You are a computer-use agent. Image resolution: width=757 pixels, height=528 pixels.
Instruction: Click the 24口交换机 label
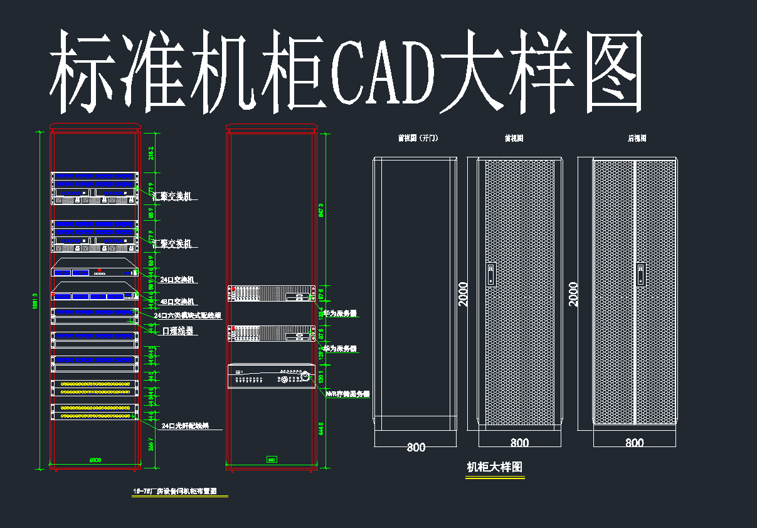point(179,280)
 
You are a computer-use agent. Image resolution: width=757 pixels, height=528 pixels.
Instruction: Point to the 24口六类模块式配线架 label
point(188,315)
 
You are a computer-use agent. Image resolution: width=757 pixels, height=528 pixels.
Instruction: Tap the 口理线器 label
point(177,330)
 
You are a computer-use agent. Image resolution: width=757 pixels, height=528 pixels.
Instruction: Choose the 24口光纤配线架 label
point(184,426)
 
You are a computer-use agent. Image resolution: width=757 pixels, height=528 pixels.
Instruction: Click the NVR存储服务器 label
point(347,394)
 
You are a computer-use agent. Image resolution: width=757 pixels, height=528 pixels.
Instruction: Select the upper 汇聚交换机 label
point(172,197)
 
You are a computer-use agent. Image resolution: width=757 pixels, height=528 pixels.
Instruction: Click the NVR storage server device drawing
point(271,376)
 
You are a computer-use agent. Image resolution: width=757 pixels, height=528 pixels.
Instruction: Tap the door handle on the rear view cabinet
point(641,274)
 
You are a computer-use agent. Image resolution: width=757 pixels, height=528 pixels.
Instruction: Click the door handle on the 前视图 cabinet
point(490,274)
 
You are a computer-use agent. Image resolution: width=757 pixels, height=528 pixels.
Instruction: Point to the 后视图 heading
point(637,138)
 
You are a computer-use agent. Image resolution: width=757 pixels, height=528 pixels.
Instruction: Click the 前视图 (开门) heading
point(418,138)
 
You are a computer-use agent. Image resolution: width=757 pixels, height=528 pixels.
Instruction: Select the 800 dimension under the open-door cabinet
point(416,447)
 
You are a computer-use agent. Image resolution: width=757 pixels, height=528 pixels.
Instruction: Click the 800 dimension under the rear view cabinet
point(634,443)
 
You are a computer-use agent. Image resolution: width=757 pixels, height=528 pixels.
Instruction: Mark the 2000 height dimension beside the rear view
point(573,293)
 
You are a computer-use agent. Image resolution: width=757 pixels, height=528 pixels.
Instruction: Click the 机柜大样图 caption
point(494,467)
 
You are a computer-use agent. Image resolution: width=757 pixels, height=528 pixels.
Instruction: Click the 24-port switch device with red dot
point(94,272)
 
